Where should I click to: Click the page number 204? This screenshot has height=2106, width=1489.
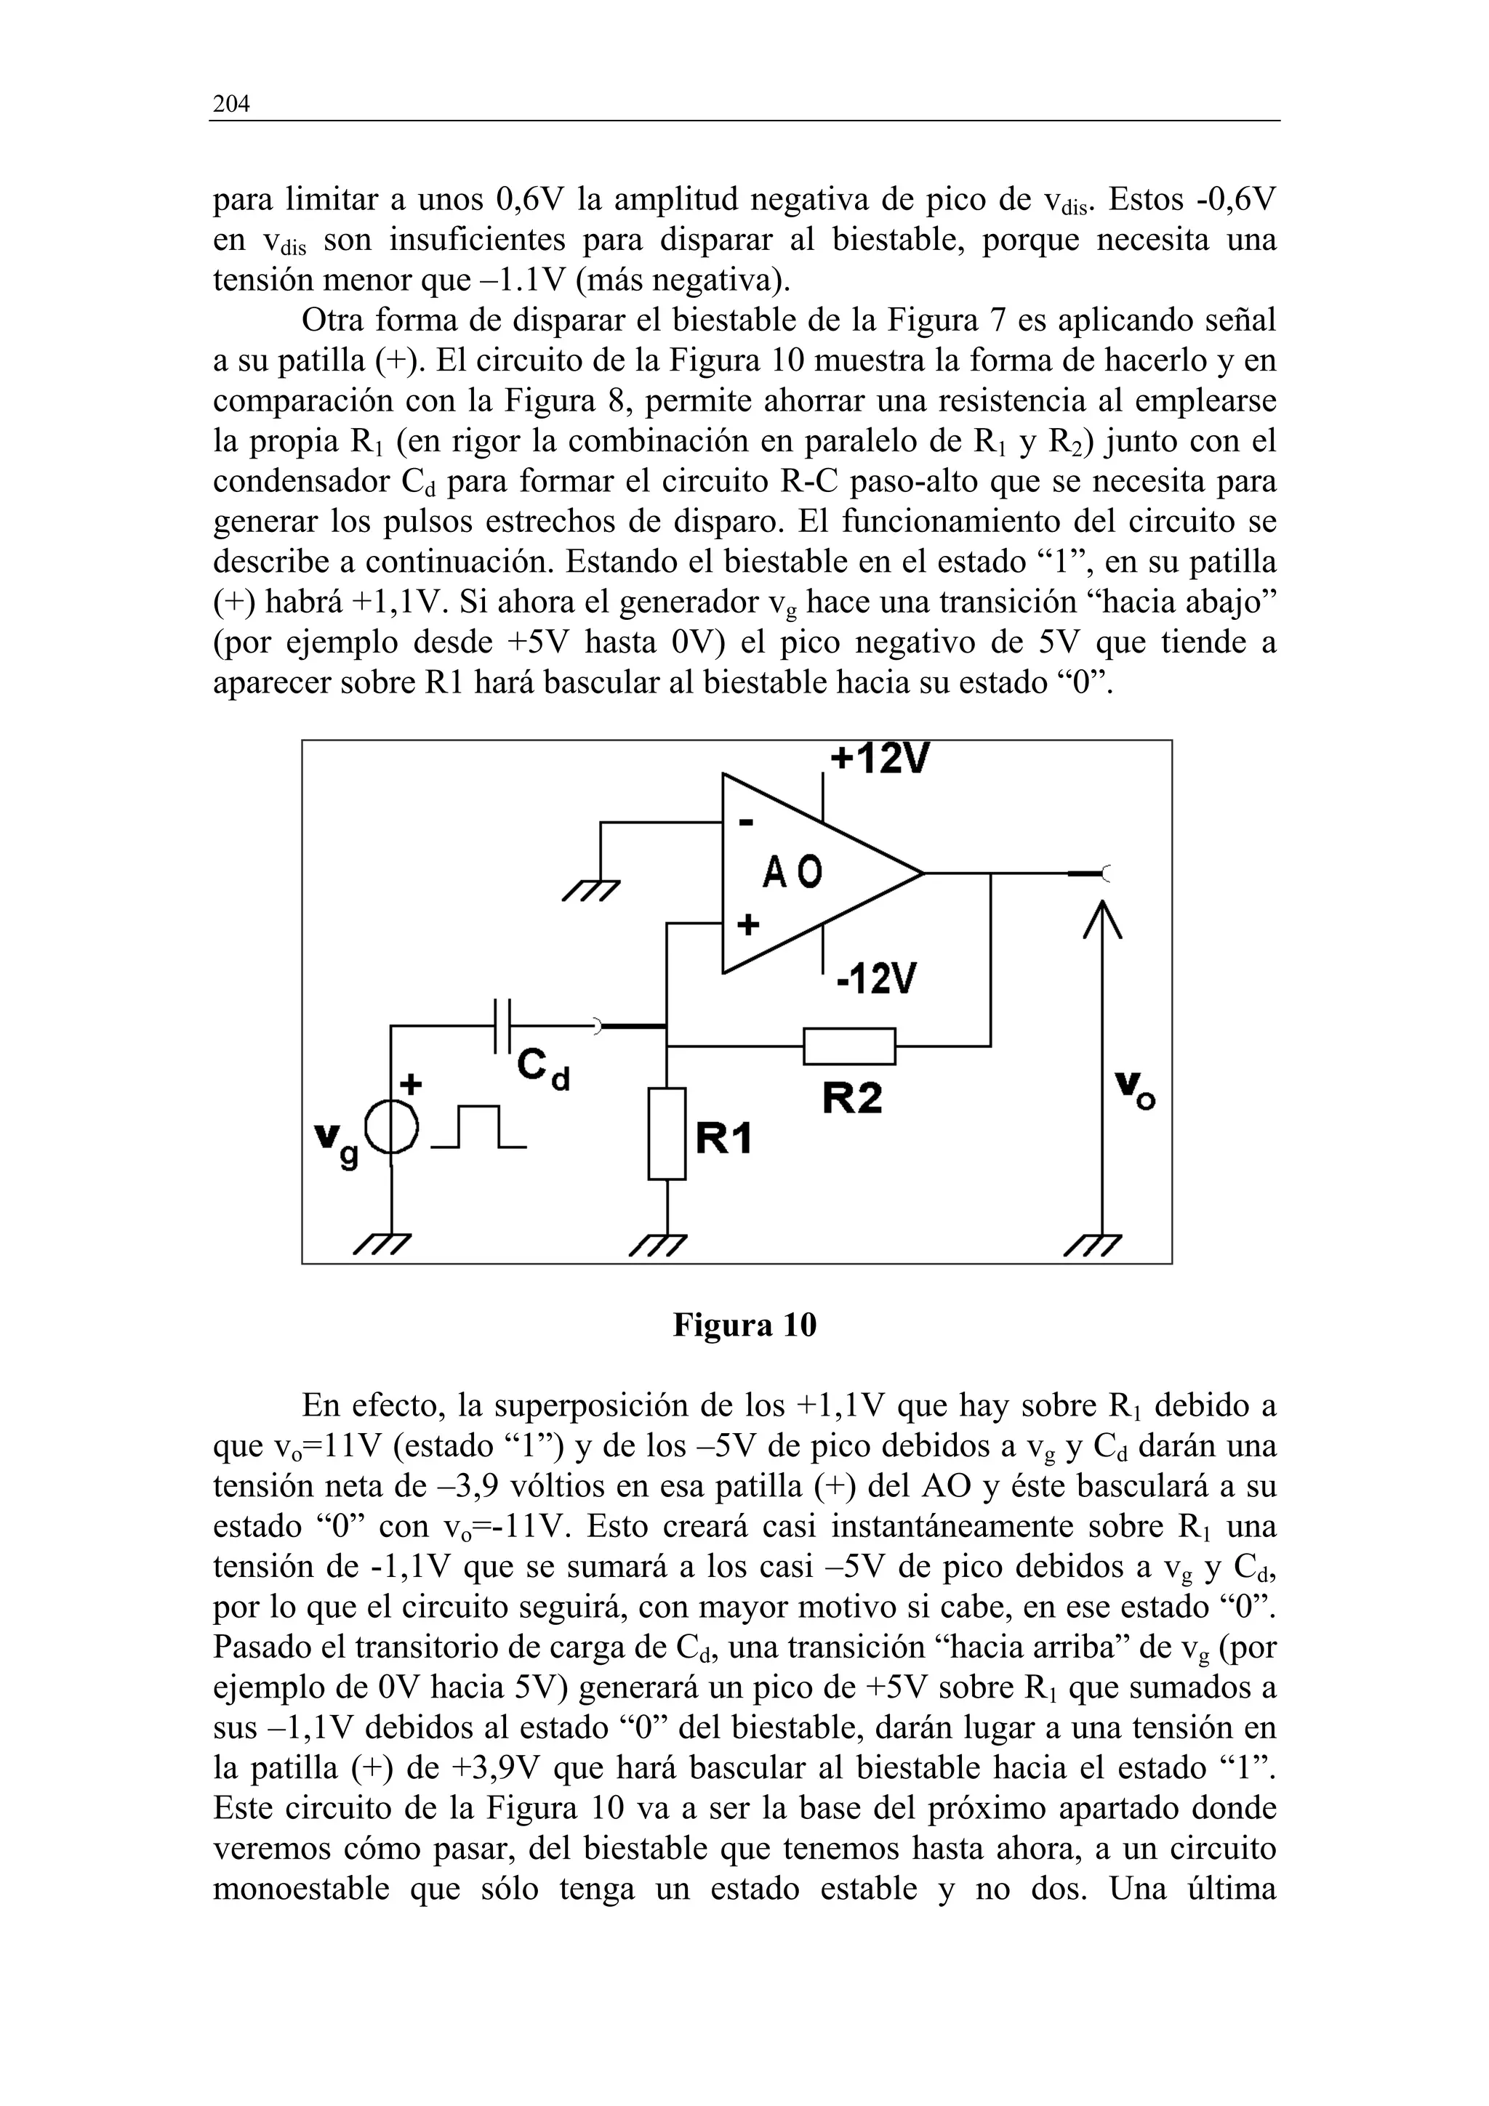point(231,105)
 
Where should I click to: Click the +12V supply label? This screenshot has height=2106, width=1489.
point(879,759)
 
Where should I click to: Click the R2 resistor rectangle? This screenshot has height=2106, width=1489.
point(848,1046)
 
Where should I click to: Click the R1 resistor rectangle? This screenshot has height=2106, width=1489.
point(667,1134)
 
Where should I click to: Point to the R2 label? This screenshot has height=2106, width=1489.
point(851,1097)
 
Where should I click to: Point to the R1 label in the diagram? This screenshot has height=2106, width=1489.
point(724,1139)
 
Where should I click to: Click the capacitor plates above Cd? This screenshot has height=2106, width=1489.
point(502,1025)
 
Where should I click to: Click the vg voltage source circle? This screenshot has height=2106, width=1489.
point(392,1127)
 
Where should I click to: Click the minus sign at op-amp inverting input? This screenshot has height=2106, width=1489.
point(746,823)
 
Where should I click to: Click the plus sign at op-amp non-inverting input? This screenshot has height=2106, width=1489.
point(749,924)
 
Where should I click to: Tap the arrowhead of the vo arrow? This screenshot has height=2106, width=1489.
point(1101,917)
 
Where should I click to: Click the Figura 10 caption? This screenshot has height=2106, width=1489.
point(744,1326)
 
